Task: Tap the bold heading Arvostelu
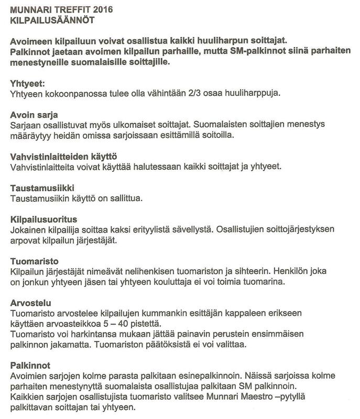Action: tap(30, 303)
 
